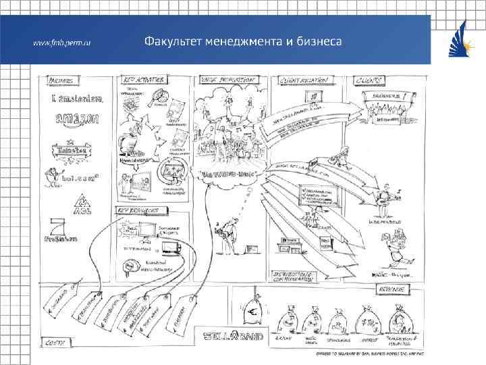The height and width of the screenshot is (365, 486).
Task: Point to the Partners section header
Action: coord(60,80)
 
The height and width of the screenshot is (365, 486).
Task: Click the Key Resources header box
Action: coord(141,210)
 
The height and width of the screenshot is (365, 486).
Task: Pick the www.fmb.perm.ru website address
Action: coord(62,42)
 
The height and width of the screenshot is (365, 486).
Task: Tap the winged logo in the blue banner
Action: coord(456,41)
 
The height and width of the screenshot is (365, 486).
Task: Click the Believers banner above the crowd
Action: coord(383,97)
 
